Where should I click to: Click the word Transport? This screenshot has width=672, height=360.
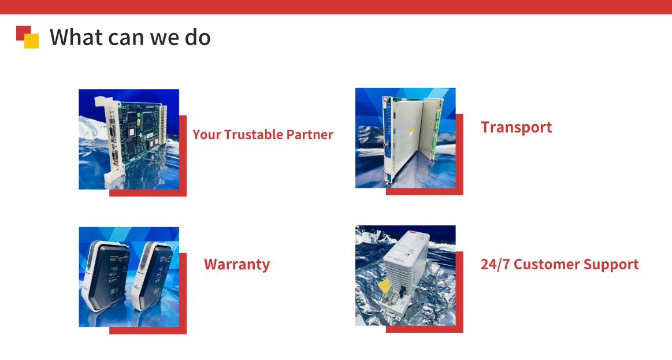[516, 127]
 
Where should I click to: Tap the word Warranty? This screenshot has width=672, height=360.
[237, 265]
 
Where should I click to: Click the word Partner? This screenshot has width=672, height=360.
[310, 135]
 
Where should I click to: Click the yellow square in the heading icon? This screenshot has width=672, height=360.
[31, 40]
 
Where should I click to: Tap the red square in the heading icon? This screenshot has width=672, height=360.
[23, 32]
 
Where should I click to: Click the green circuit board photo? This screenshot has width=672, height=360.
[129, 139]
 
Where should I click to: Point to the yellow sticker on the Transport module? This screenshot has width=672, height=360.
[411, 130]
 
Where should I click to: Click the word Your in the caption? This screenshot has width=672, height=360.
[207, 135]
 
